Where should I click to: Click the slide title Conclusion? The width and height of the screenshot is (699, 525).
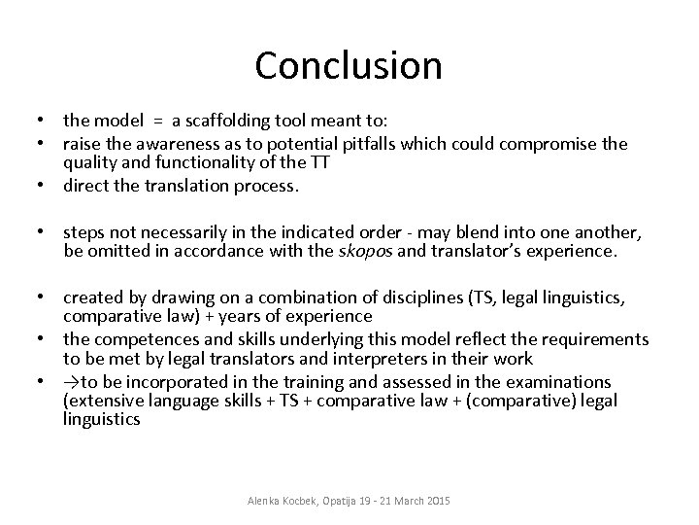pyautogui.click(x=349, y=65)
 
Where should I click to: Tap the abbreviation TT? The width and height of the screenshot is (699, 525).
pyautogui.click(x=320, y=163)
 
